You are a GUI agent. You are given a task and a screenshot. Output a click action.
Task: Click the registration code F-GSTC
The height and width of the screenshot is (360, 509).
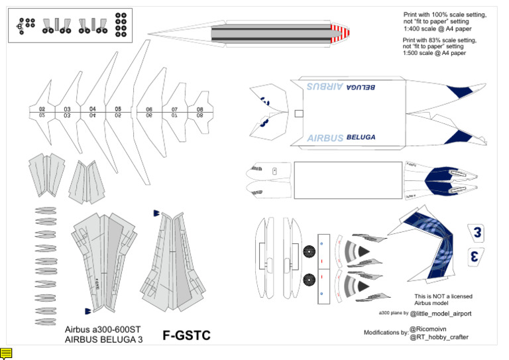point(186,336)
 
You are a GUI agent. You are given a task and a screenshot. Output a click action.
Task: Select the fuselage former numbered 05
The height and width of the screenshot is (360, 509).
point(118,111)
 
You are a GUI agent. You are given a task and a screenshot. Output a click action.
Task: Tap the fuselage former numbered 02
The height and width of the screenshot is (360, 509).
point(42,111)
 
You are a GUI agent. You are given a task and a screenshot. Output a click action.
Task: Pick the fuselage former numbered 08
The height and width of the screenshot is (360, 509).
point(199,111)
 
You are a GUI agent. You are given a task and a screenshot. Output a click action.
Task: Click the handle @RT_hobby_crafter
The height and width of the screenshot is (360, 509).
point(439,337)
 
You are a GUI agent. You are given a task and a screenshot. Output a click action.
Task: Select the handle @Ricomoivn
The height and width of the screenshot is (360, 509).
point(431,328)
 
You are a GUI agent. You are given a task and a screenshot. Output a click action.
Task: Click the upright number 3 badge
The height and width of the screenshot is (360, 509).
point(477,232)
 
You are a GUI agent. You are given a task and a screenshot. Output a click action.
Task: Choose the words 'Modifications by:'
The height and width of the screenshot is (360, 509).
point(386,332)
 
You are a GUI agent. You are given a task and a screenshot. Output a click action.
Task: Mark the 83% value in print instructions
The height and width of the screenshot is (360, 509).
point(437,40)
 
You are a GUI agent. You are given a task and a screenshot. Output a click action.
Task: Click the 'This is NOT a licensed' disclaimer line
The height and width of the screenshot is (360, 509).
point(443,296)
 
